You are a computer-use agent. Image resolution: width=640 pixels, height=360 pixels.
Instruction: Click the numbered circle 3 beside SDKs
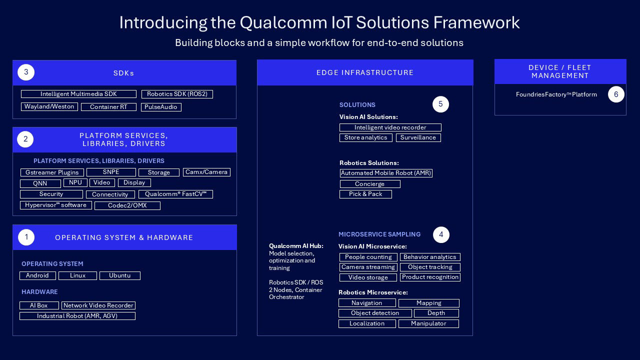point(26,72)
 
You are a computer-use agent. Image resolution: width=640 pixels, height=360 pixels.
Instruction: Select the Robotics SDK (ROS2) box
point(177,94)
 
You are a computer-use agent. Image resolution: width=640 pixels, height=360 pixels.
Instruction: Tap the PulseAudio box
point(161,107)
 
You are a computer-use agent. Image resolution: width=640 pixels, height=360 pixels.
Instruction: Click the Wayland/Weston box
point(49,106)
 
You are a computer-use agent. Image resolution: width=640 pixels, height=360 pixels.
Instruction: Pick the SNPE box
point(111,172)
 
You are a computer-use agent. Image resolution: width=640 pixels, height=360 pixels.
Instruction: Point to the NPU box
point(75,182)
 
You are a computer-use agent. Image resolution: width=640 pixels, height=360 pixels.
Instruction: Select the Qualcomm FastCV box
point(175,194)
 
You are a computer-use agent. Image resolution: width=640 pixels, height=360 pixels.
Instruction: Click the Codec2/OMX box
point(127,205)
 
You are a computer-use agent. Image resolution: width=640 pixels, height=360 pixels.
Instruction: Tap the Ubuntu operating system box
point(119,275)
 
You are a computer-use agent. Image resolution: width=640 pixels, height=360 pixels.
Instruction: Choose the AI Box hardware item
point(39,305)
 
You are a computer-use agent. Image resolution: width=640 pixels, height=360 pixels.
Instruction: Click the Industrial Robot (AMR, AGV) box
point(77,316)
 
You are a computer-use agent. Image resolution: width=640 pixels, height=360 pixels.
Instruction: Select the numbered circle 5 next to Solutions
point(440,104)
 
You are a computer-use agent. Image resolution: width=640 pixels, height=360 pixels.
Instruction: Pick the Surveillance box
point(418,137)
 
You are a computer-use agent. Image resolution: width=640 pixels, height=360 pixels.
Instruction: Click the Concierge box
point(370,184)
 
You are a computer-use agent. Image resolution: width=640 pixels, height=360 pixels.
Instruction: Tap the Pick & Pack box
point(365,194)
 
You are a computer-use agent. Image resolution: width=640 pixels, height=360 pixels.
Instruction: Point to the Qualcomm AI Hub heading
point(296,246)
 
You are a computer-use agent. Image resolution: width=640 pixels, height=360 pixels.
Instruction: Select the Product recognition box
point(430,277)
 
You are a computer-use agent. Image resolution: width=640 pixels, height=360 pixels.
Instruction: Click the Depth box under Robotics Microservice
point(436,313)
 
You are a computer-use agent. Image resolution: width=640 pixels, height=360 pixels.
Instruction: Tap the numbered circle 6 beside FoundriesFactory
point(616,94)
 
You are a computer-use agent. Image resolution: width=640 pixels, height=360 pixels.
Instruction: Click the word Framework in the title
point(476,22)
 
